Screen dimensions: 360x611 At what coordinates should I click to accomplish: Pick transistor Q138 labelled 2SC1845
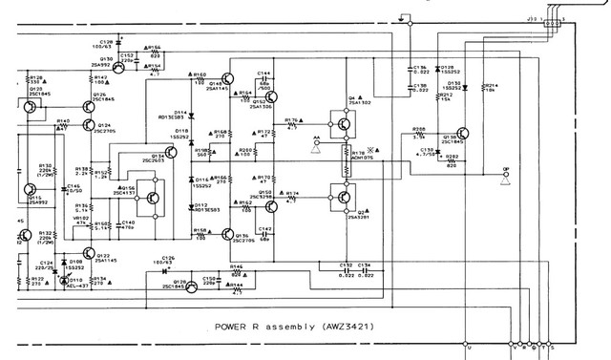[x=460, y=136]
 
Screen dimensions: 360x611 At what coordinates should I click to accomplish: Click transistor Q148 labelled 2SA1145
[x=226, y=78]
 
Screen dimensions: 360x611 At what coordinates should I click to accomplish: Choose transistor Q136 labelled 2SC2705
[x=226, y=234]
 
